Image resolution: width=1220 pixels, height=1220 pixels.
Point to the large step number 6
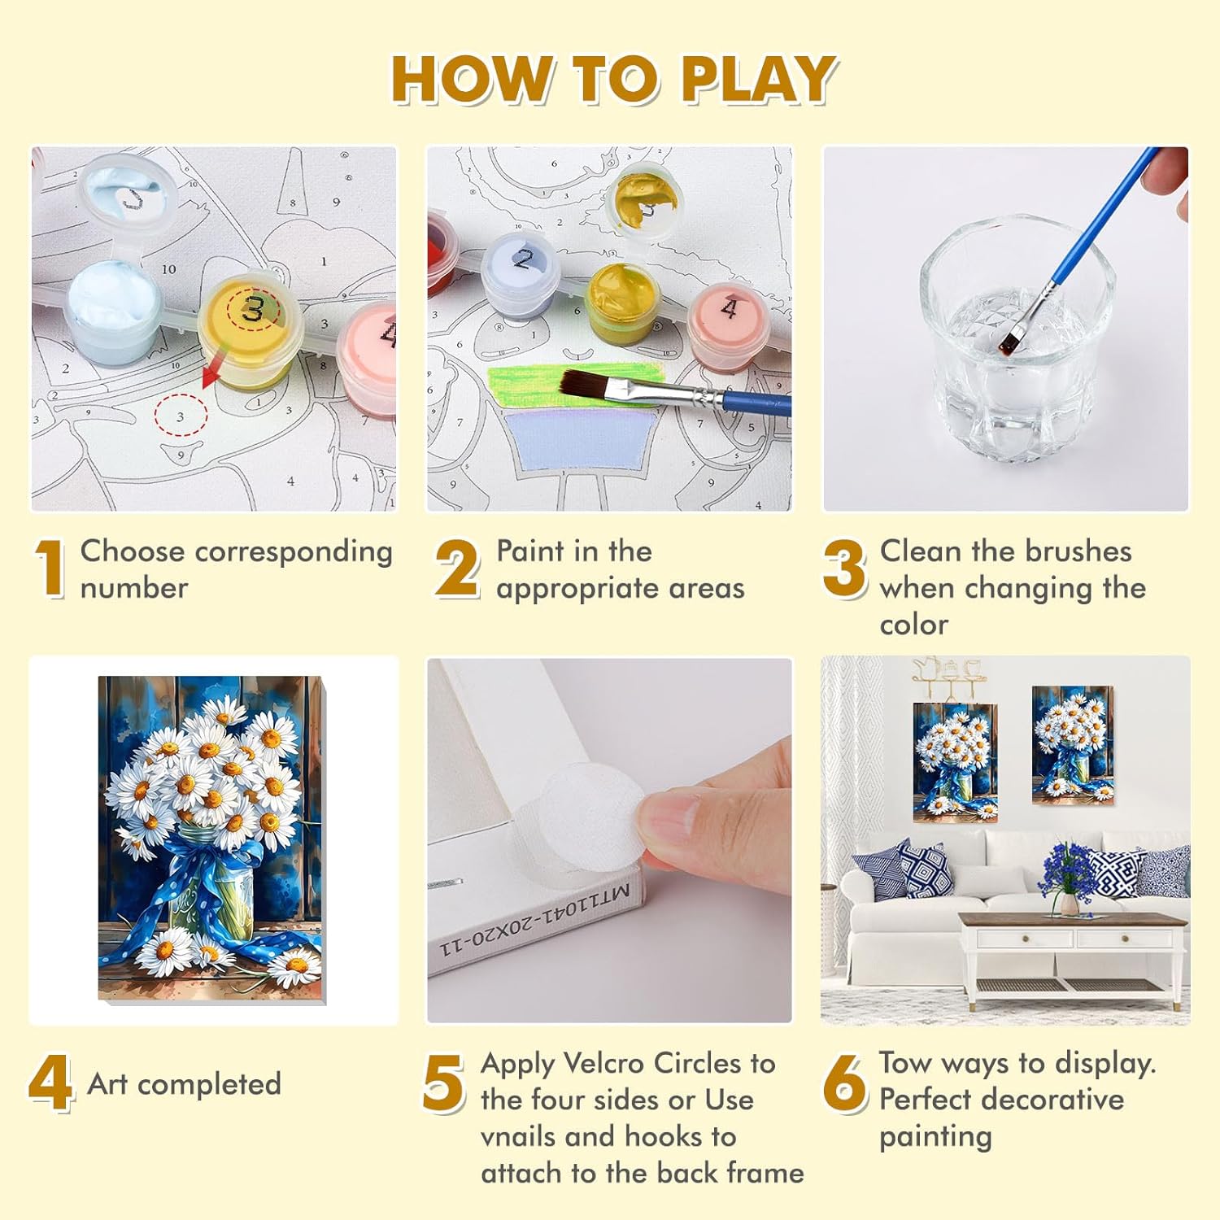pyautogui.click(x=846, y=1083)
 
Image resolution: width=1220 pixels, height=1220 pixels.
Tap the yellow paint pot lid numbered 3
pyautogui.click(x=251, y=310)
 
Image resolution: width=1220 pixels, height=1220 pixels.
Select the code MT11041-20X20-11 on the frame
pyautogui.click(x=534, y=919)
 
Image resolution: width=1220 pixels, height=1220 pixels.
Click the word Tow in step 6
pyautogui.click(x=904, y=1063)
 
